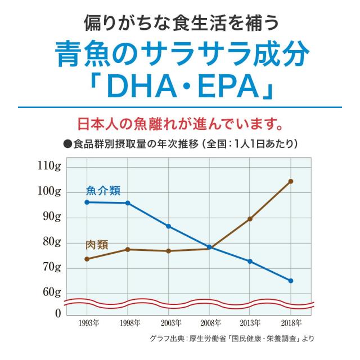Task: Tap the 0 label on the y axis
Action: coord(57,313)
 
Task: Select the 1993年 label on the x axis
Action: coord(89,323)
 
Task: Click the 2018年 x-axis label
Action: coord(291,323)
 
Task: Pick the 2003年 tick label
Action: coord(170,323)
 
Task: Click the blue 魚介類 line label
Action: coord(103,191)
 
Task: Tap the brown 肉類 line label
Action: coord(97,245)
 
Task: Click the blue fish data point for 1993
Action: coord(87,202)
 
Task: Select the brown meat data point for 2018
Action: coord(291,181)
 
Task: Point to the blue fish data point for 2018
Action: coord(291,281)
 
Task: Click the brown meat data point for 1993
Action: coord(87,259)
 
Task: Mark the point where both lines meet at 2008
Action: coord(209,247)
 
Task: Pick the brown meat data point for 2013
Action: coord(250,219)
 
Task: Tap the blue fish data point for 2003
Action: coord(168,226)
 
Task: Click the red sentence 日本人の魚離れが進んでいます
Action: coord(179,122)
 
